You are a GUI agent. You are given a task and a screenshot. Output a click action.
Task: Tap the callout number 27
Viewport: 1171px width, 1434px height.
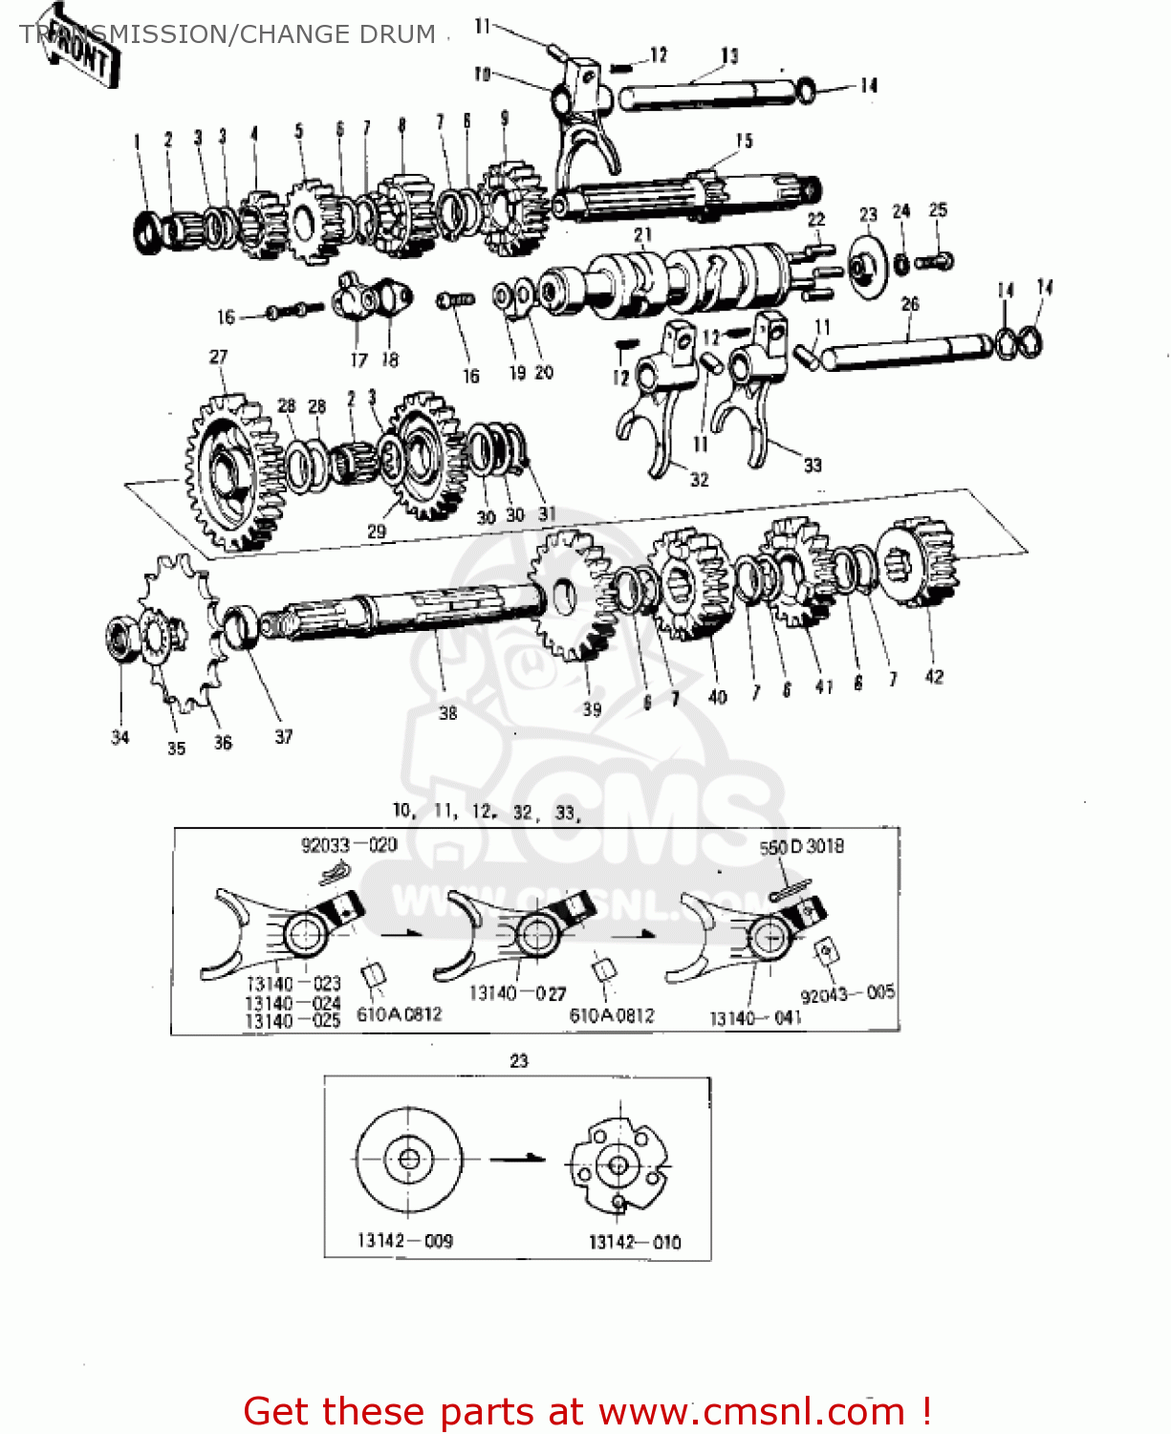pos(219,357)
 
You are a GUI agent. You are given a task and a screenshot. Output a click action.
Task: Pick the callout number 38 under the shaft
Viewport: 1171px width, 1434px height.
pos(447,713)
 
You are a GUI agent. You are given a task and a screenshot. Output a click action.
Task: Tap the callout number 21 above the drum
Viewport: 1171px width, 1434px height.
pos(642,234)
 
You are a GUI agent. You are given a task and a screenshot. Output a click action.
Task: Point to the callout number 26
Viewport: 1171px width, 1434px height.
pos(910,304)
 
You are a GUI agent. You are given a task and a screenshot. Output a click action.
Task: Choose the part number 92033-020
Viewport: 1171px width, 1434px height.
pos(349,845)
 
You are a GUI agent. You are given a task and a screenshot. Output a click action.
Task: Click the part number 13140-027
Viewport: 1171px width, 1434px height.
pos(517,994)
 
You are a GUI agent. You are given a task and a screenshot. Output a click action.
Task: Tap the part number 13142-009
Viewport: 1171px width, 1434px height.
pos(405,1241)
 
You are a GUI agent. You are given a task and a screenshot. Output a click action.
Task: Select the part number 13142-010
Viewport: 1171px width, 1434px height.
pos(635,1242)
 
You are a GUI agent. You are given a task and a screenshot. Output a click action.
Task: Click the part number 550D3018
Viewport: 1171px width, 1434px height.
pos(801,847)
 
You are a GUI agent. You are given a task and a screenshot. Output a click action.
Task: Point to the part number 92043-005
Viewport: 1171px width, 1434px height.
pos(847,994)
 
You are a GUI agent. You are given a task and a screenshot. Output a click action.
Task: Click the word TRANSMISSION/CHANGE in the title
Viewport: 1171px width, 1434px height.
pos(125,34)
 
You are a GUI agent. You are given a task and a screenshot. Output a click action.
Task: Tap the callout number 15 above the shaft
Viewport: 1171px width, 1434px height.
pos(744,141)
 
